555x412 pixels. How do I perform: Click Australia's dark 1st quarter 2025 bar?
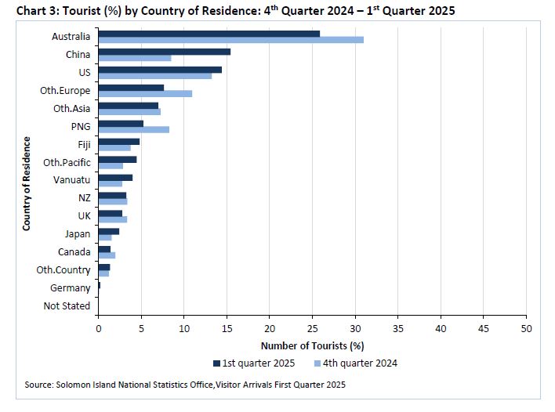[x=209, y=34]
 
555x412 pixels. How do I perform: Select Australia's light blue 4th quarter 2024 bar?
[x=231, y=40]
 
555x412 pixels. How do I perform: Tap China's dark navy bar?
[x=165, y=52]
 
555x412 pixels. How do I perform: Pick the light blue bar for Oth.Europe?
[x=146, y=94]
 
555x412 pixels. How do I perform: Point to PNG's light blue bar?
[x=134, y=130]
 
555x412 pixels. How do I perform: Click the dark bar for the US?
[x=161, y=70]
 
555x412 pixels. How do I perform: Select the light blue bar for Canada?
[x=107, y=255]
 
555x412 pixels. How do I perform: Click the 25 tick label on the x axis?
[x=313, y=329]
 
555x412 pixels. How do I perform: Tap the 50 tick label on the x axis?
[x=526, y=329]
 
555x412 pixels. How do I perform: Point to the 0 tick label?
[x=99, y=329]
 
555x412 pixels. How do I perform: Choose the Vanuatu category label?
[x=72, y=180]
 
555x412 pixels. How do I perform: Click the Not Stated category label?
[x=67, y=306]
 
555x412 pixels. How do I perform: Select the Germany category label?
[x=70, y=288]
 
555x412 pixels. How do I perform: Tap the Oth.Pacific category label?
[x=67, y=163]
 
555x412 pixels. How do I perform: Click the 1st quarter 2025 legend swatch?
[x=216, y=363]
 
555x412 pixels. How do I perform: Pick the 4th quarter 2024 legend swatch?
[x=317, y=363]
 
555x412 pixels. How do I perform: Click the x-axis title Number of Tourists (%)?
[x=313, y=346]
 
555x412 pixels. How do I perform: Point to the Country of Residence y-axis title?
[x=27, y=184]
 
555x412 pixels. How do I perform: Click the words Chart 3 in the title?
[x=37, y=11]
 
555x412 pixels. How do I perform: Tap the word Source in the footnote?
[x=38, y=385]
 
